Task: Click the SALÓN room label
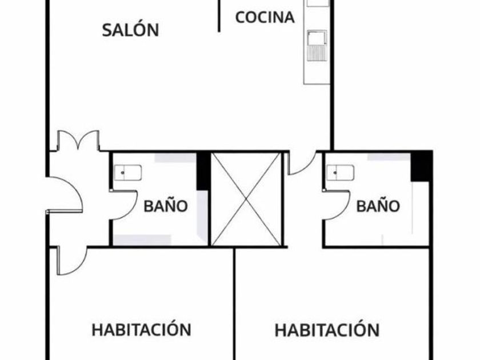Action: tap(130, 30)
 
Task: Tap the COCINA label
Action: tap(265, 17)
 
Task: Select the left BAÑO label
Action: tap(165, 206)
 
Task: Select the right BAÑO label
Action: tap(378, 206)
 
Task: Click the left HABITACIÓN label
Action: tap(141, 330)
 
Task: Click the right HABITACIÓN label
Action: tap(327, 330)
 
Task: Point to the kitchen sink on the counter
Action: tap(316, 39)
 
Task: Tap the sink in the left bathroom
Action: tap(127, 173)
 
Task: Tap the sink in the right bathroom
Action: tap(340, 173)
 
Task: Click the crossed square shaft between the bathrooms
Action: tap(246, 199)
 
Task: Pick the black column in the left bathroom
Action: tap(203, 171)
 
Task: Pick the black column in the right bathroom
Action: tap(422, 166)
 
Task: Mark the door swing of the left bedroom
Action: tap(72, 260)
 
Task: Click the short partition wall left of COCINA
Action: tap(219, 15)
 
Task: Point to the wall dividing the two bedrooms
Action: tap(234, 303)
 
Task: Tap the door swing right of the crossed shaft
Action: tap(301, 163)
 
